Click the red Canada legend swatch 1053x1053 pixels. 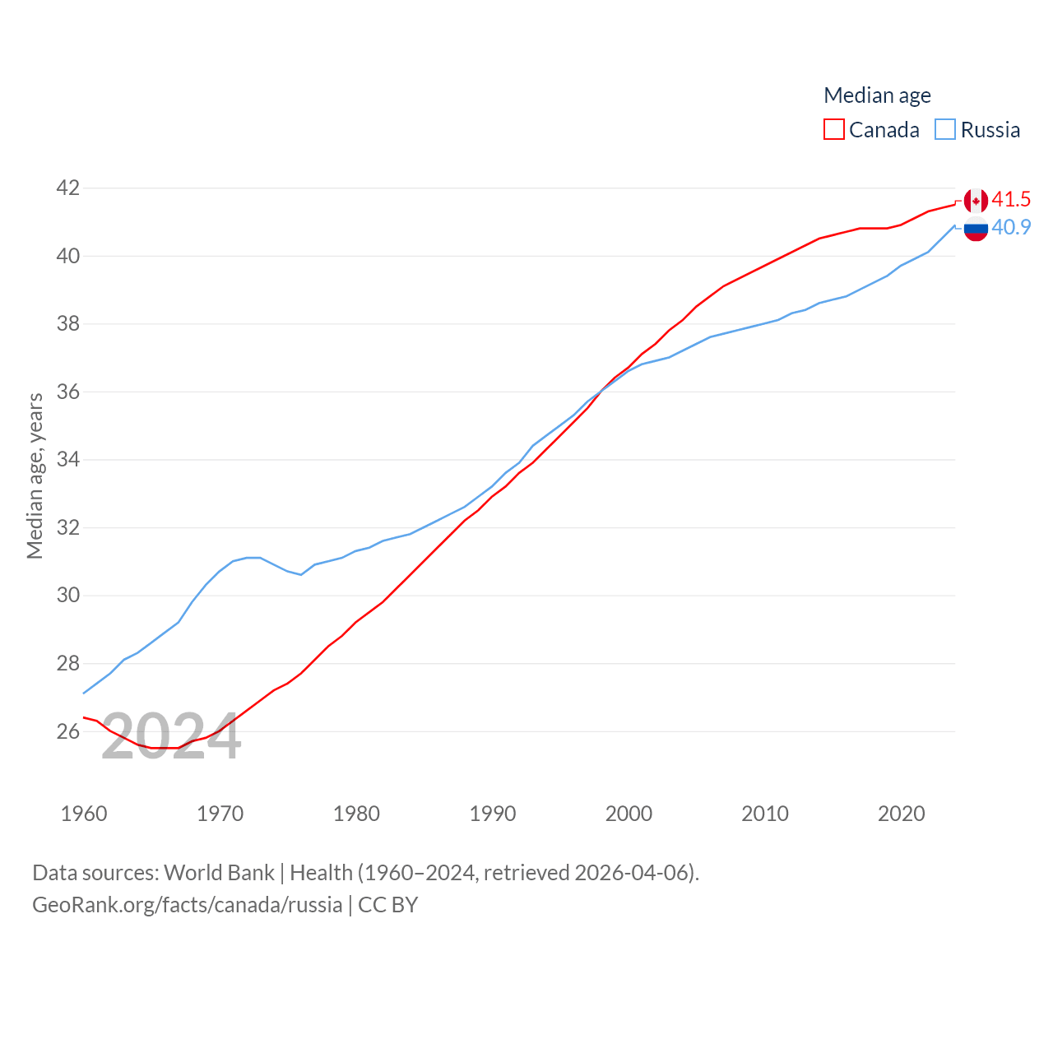(x=834, y=130)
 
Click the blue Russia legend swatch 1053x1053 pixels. (x=945, y=130)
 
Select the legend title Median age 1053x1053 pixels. (x=877, y=95)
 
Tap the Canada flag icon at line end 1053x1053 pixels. (x=976, y=201)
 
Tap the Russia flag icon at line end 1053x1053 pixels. (x=976, y=229)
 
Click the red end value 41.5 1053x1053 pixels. (x=1011, y=200)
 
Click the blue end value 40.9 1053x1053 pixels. (x=1011, y=228)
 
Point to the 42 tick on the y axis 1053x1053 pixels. (x=68, y=188)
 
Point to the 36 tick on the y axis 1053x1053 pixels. (x=68, y=392)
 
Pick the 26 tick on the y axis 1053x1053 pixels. (x=68, y=731)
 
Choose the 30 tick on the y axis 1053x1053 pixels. (x=68, y=595)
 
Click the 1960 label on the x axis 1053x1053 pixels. (x=84, y=814)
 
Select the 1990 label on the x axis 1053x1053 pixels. (x=493, y=814)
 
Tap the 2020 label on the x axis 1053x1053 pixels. (x=902, y=814)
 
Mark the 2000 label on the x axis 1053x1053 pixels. (x=629, y=814)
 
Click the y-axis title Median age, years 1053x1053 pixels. (x=35, y=475)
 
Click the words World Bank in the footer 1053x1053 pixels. (x=219, y=873)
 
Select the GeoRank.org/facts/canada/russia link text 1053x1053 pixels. (x=187, y=905)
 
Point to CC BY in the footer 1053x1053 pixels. (x=388, y=905)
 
